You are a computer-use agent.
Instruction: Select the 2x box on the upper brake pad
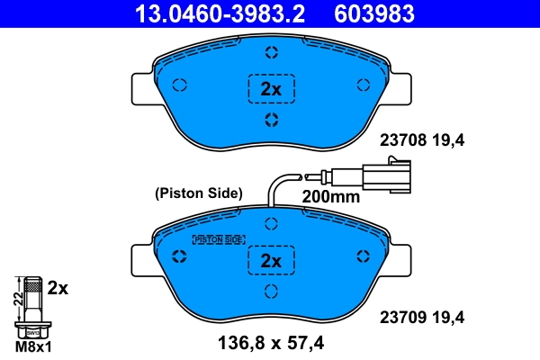coord(271,88)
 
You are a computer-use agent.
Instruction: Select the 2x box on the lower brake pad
coord(271,261)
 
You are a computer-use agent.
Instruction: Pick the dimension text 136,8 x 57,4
coord(270,342)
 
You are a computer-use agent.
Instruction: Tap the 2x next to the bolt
coord(58,288)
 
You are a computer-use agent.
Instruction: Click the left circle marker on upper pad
coord(178,85)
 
